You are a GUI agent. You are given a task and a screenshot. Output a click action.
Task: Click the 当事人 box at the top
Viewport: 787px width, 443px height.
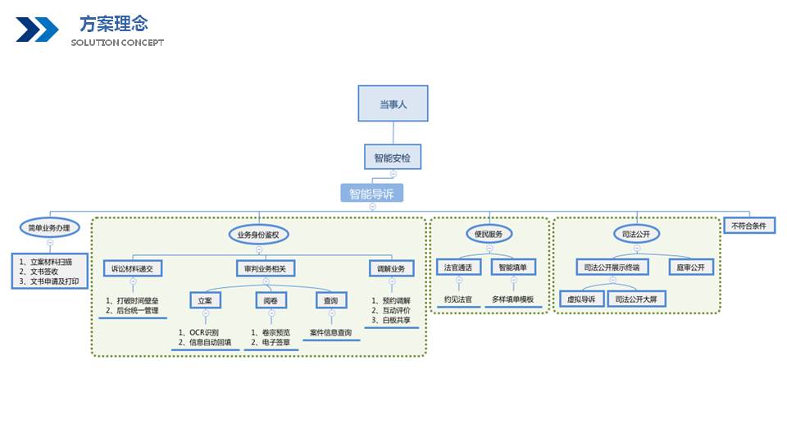(x=393, y=104)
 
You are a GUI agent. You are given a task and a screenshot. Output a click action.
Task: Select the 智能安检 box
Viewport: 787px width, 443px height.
(x=393, y=158)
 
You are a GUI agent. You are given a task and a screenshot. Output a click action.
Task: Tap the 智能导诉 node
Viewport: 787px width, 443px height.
(x=372, y=194)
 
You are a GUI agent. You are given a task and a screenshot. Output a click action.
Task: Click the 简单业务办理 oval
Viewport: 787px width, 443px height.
(x=49, y=228)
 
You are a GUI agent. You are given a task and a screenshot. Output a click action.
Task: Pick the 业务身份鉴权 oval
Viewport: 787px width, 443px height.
(x=258, y=235)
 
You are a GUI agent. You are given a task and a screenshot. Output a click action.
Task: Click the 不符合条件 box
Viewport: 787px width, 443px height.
(x=749, y=225)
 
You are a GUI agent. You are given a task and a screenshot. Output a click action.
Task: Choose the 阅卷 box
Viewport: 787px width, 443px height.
(x=271, y=301)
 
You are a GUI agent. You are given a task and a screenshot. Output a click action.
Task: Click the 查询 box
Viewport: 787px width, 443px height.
(x=332, y=301)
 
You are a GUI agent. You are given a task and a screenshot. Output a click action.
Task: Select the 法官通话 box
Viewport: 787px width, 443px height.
(x=458, y=267)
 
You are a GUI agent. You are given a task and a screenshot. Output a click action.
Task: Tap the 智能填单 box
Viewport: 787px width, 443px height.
(x=513, y=267)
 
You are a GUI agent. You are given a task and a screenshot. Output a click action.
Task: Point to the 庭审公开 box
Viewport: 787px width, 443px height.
(x=690, y=267)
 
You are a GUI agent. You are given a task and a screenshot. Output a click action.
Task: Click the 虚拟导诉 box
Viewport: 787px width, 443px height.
(x=581, y=299)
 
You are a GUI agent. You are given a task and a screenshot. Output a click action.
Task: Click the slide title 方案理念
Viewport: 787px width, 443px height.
(x=114, y=23)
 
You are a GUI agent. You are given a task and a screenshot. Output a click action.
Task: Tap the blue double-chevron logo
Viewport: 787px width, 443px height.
(x=37, y=30)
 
